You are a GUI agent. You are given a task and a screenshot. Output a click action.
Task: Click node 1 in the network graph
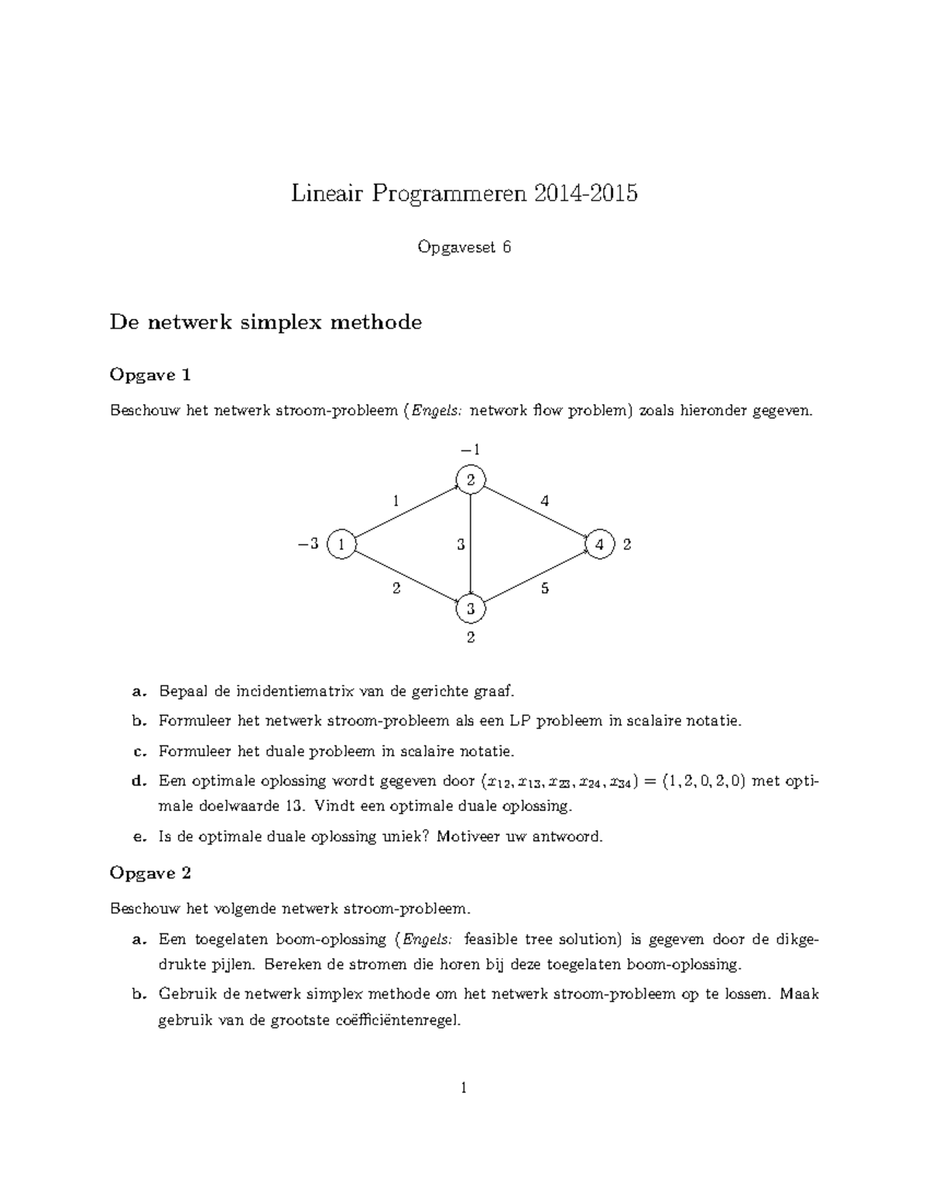click(x=341, y=544)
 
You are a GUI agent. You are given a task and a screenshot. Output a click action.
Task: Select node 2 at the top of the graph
click(x=471, y=480)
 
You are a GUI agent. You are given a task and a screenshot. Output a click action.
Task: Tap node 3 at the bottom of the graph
click(x=471, y=608)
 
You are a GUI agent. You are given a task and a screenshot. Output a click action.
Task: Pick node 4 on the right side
click(x=600, y=544)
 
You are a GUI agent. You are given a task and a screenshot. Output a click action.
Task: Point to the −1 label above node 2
click(x=471, y=450)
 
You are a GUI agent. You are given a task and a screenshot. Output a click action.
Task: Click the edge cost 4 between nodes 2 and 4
click(x=545, y=501)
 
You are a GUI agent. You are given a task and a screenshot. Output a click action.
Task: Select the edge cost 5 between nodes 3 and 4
click(x=545, y=588)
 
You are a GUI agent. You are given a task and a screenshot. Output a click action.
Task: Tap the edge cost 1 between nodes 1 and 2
click(x=396, y=501)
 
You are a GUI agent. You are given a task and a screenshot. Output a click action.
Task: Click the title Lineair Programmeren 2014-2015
click(x=464, y=193)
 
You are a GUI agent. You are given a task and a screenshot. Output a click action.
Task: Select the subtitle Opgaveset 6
click(x=464, y=247)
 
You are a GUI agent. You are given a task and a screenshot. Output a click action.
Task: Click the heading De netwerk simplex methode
click(x=266, y=322)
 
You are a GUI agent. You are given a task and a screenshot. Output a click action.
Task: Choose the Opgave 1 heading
click(x=150, y=375)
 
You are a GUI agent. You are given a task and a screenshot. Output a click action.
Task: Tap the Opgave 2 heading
click(x=150, y=873)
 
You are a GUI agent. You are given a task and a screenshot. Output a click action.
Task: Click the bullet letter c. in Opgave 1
click(x=139, y=751)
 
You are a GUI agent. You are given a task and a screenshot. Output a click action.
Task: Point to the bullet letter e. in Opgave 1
click(x=139, y=837)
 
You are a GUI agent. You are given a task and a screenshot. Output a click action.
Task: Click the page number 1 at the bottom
click(x=464, y=1088)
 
